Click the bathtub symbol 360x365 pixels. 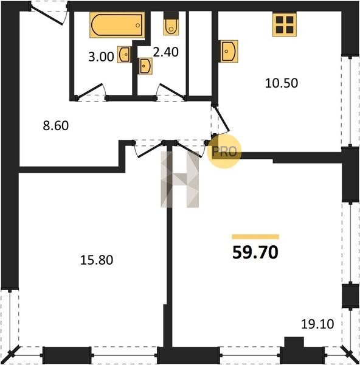pos(117,25)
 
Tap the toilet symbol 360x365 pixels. pos(171,24)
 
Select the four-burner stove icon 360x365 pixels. pos(285,24)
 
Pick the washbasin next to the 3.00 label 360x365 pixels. pos(124,55)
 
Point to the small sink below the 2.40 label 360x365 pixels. pos(145,66)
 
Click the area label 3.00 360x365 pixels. pos(101,57)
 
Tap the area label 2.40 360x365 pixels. pos(165,52)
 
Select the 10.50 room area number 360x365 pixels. pos(282,83)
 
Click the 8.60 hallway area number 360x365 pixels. pos(56,126)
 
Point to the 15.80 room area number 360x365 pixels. pos(97,260)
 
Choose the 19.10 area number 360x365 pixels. pos(317,324)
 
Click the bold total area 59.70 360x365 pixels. pos(255,252)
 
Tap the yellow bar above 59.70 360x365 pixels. pos(255,237)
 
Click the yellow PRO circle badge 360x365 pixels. pos(224,151)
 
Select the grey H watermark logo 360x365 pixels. pos(179,179)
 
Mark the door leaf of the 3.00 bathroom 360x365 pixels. pos(89,90)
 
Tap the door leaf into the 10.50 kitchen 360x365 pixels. pos(221,119)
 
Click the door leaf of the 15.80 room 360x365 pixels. pos(150,150)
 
